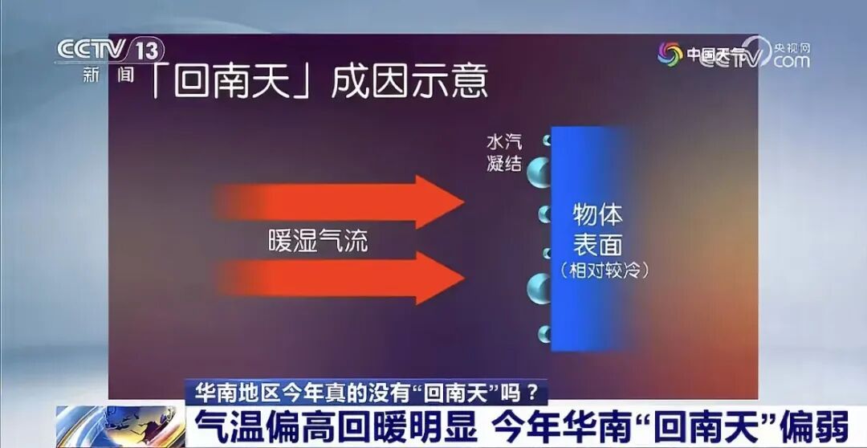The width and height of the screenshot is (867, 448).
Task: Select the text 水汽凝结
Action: coord(503,153)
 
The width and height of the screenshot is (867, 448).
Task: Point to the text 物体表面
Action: coord(598,230)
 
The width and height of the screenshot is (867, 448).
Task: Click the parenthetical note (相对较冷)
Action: coord(604,270)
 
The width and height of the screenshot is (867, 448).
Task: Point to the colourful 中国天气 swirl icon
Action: coord(670,55)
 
